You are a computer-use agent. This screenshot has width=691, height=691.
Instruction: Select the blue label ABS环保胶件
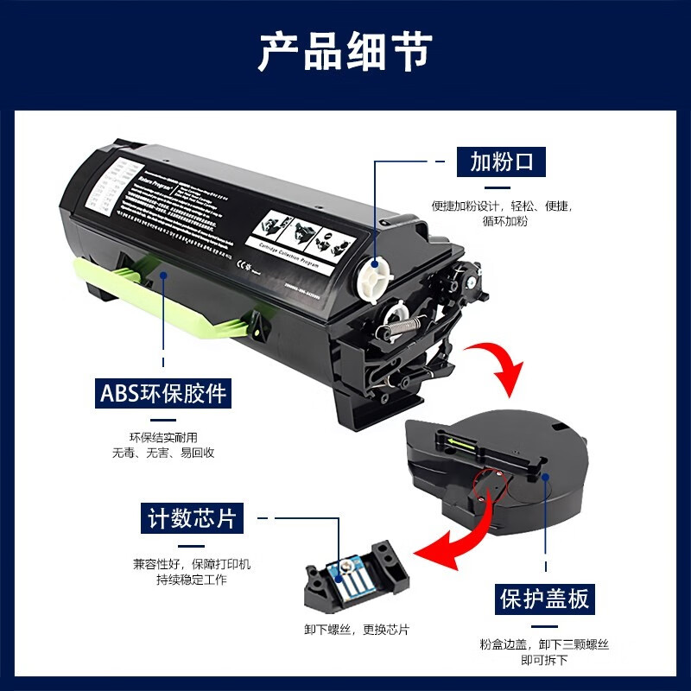pos(162,393)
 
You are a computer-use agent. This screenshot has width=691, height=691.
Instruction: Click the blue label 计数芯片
pos(190,518)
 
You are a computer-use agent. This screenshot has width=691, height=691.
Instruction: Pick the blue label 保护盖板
pos(546,598)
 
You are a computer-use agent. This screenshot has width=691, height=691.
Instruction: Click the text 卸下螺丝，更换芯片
pos(357,630)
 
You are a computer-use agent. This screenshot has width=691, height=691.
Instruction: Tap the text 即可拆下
pos(544,659)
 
